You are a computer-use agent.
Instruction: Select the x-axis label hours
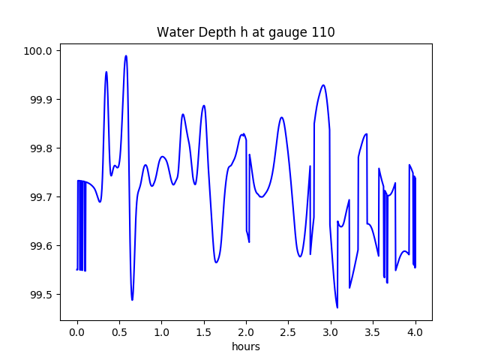(246, 346)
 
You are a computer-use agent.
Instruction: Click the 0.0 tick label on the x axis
(77, 332)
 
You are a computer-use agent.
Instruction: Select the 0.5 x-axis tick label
(119, 332)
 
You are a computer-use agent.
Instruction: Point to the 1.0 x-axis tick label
(162, 332)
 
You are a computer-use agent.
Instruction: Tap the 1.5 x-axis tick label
(204, 332)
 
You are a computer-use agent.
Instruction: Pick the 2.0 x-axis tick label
(246, 332)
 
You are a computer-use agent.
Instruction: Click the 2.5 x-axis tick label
(288, 332)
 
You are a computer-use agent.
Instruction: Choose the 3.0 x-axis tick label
(331, 332)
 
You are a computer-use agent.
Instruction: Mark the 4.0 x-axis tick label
(415, 332)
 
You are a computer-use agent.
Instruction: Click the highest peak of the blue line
(126, 55)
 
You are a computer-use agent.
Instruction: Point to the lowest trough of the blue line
(337, 307)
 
